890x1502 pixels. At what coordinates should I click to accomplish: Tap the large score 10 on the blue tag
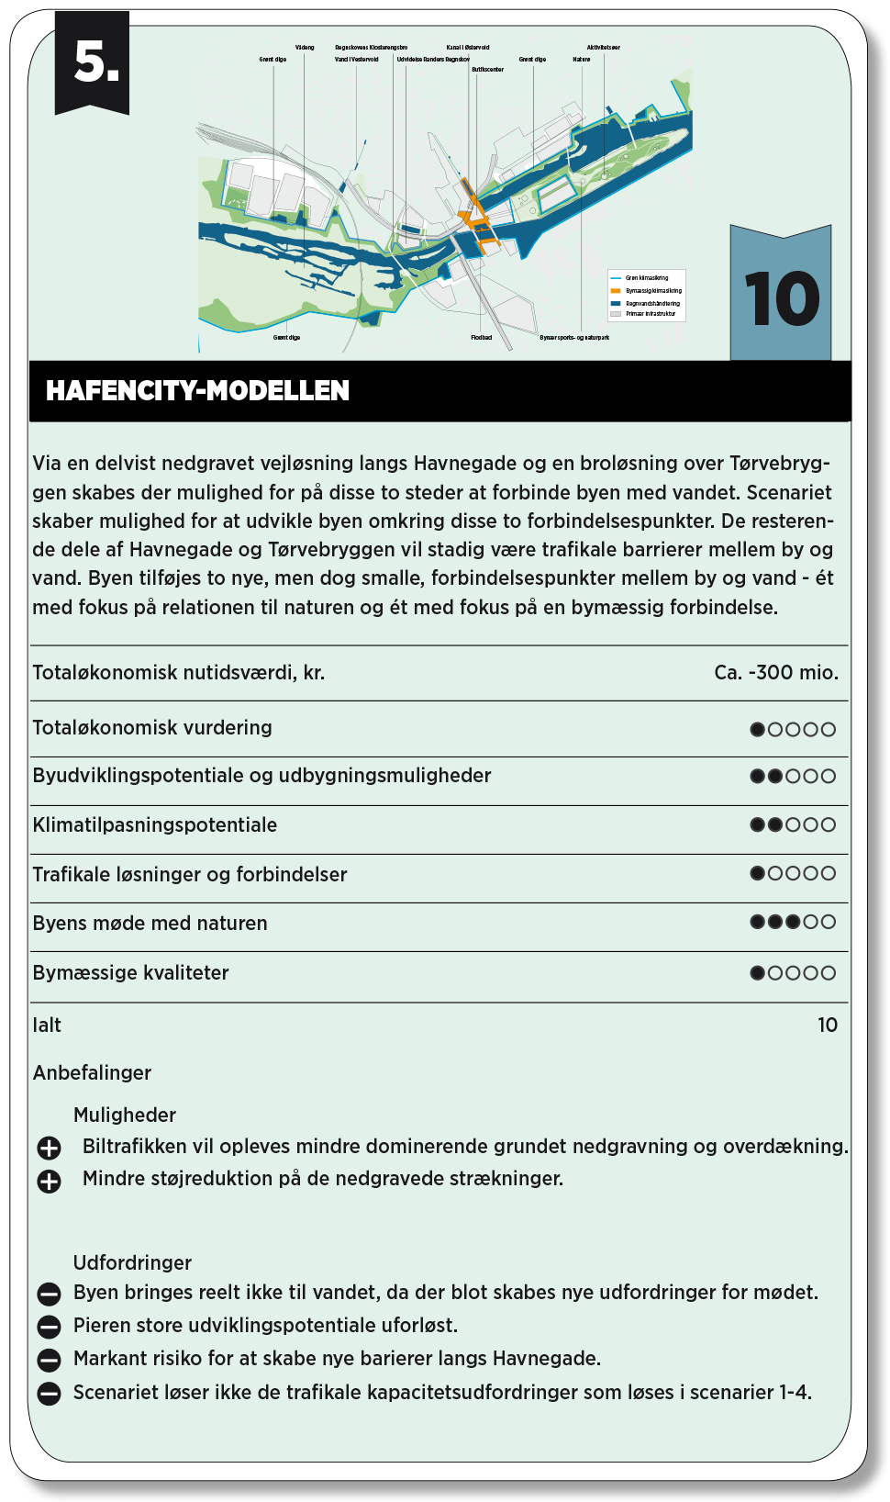(782, 299)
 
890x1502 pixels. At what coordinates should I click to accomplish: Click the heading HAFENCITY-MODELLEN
(197, 391)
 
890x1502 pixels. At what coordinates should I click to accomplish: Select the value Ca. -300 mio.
(775, 673)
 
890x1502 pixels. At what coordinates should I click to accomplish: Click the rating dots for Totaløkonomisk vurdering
(793, 729)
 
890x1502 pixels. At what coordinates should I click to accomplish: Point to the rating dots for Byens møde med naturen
(793, 922)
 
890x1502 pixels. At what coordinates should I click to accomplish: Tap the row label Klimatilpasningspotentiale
(155, 824)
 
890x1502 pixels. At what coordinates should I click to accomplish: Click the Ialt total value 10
(827, 1025)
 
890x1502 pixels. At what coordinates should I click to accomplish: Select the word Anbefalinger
(92, 1072)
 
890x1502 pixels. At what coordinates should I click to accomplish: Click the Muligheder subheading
(125, 1115)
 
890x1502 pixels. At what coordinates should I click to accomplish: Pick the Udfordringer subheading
(132, 1262)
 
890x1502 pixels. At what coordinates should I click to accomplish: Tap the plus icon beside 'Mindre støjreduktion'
(49, 1181)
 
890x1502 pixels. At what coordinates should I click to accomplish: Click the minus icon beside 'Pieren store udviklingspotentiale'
(49, 1327)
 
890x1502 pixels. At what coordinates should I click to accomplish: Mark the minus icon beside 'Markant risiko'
(49, 1360)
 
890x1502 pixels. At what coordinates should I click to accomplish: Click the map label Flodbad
(482, 338)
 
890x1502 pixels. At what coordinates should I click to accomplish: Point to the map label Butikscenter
(487, 70)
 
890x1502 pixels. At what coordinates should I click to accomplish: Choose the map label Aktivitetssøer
(603, 48)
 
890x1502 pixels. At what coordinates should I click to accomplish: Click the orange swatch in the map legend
(616, 290)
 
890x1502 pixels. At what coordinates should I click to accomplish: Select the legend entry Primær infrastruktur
(651, 314)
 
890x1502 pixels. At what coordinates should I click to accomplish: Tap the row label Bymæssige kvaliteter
(130, 972)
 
